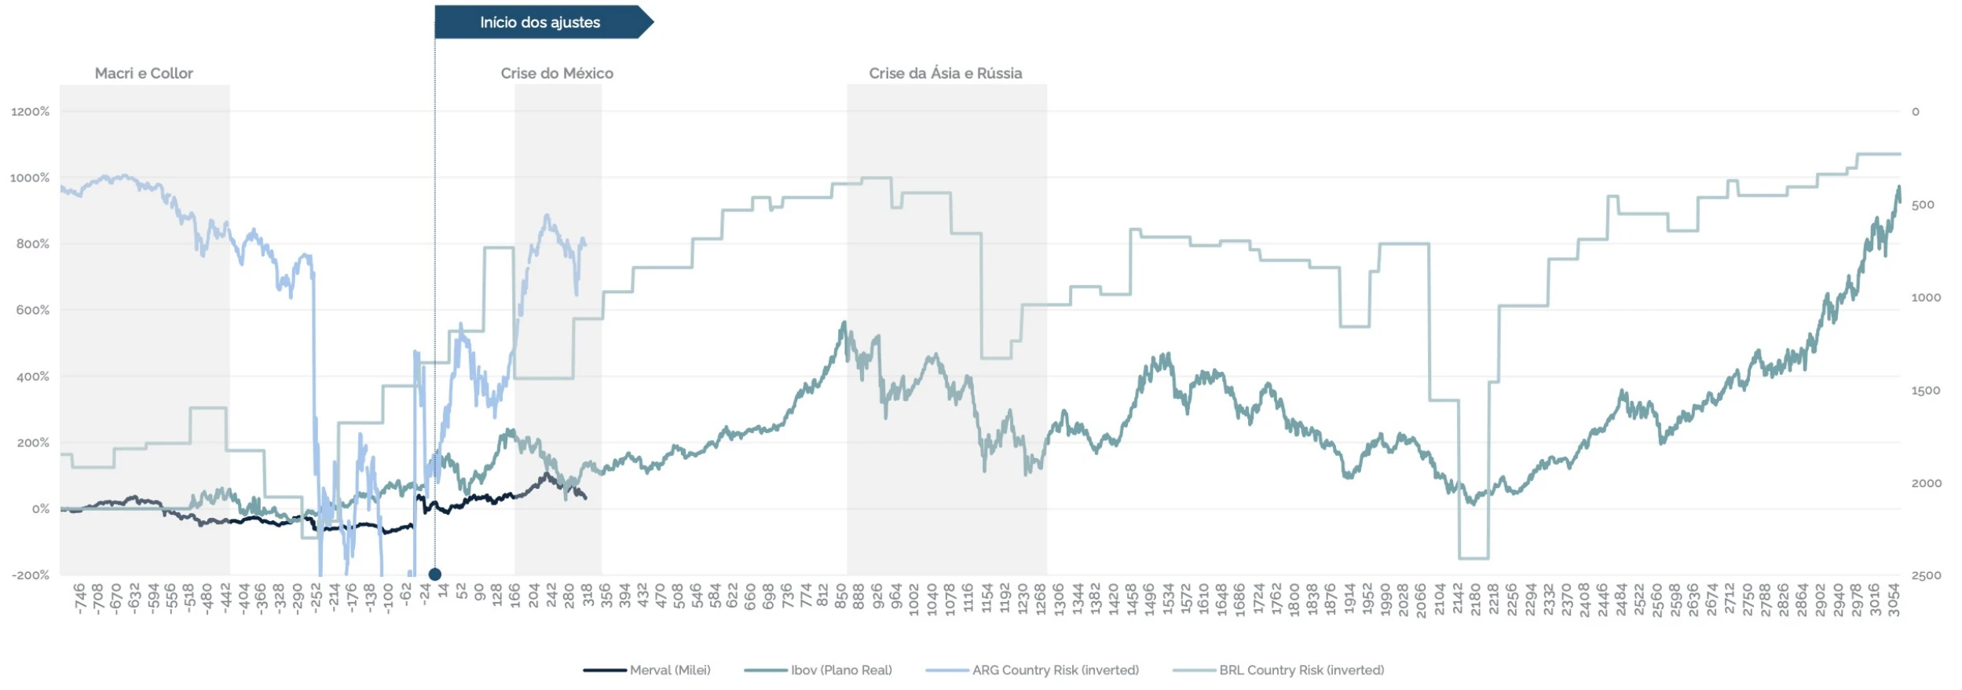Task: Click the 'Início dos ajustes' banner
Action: coord(540,22)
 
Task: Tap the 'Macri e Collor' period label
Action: coord(144,73)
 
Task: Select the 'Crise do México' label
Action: coord(557,73)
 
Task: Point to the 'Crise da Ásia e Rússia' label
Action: coord(945,73)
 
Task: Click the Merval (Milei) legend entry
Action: coord(647,670)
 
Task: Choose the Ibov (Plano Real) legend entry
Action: coord(818,670)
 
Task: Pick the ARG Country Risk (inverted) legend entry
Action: coord(1032,670)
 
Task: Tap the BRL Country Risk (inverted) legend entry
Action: coord(1279,670)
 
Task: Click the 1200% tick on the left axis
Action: coord(31,112)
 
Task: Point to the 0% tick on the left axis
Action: coord(41,509)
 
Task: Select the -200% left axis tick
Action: coord(31,575)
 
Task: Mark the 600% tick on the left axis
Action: coord(33,310)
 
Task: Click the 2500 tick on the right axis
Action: coord(1926,575)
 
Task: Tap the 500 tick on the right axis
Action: coord(1923,205)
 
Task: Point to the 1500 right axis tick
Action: coord(1926,391)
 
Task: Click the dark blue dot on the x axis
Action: coord(435,574)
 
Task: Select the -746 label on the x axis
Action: coord(79,599)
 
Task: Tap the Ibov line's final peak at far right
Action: coord(1898,187)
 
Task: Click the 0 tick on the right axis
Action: coord(1915,112)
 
